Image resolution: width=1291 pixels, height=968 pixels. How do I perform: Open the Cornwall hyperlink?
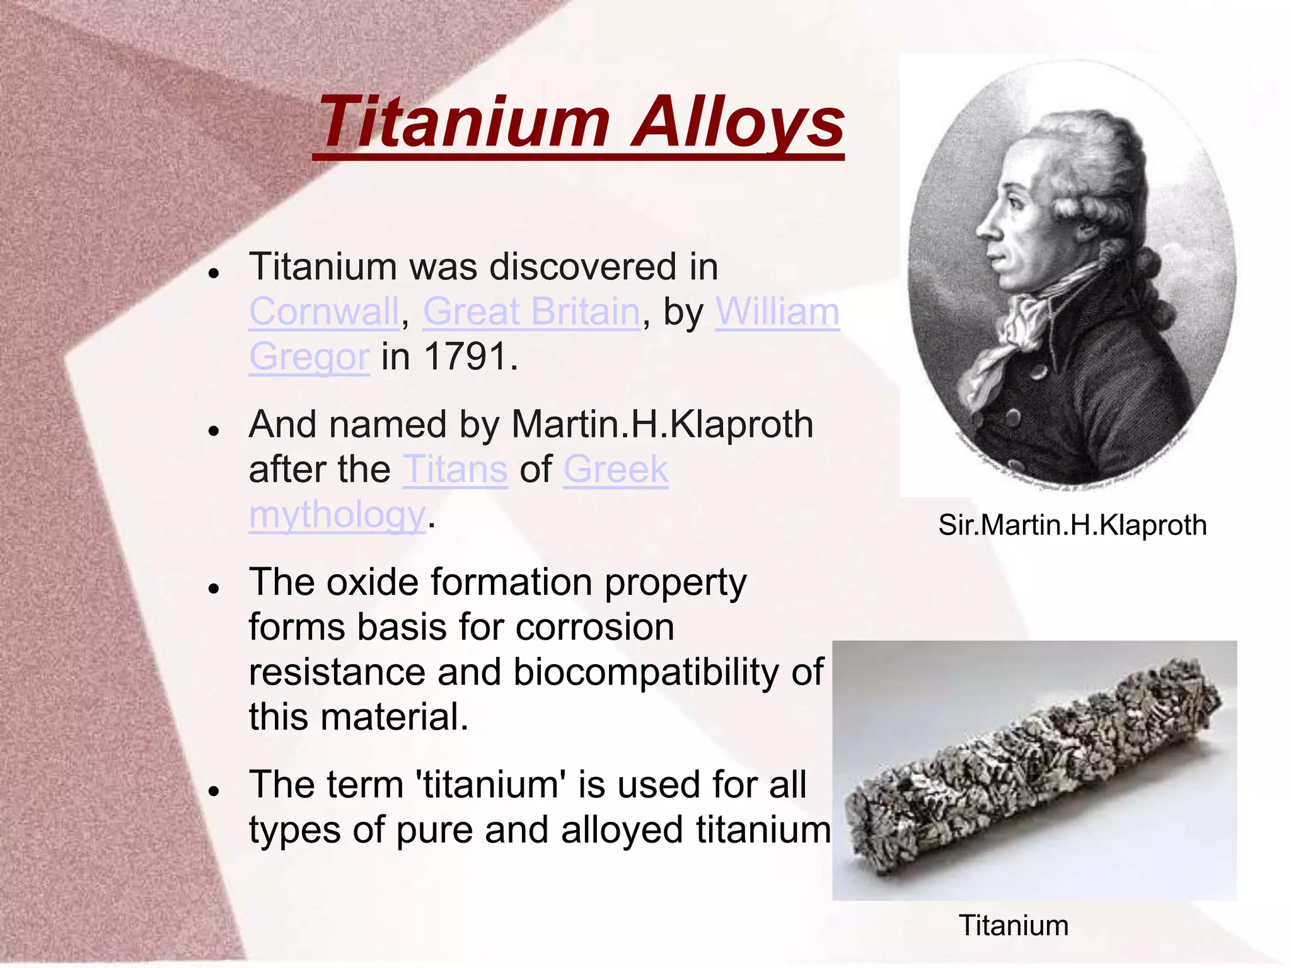coord(324,312)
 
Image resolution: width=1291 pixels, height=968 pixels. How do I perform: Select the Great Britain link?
coord(531,312)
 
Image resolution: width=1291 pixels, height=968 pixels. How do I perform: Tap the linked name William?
coord(777,312)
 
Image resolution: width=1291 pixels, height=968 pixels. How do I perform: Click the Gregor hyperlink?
coord(309,357)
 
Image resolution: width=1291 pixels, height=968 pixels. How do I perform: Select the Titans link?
coord(455,470)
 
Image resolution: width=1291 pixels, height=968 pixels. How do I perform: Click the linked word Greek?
coord(615,470)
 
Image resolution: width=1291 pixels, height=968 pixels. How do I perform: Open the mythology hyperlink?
coord(337,515)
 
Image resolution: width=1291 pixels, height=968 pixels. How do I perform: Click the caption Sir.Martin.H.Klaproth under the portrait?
coord(1072,525)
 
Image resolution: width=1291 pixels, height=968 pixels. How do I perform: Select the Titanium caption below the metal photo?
coord(1014,926)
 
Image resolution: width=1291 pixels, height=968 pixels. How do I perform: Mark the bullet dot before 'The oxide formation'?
coord(214,589)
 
